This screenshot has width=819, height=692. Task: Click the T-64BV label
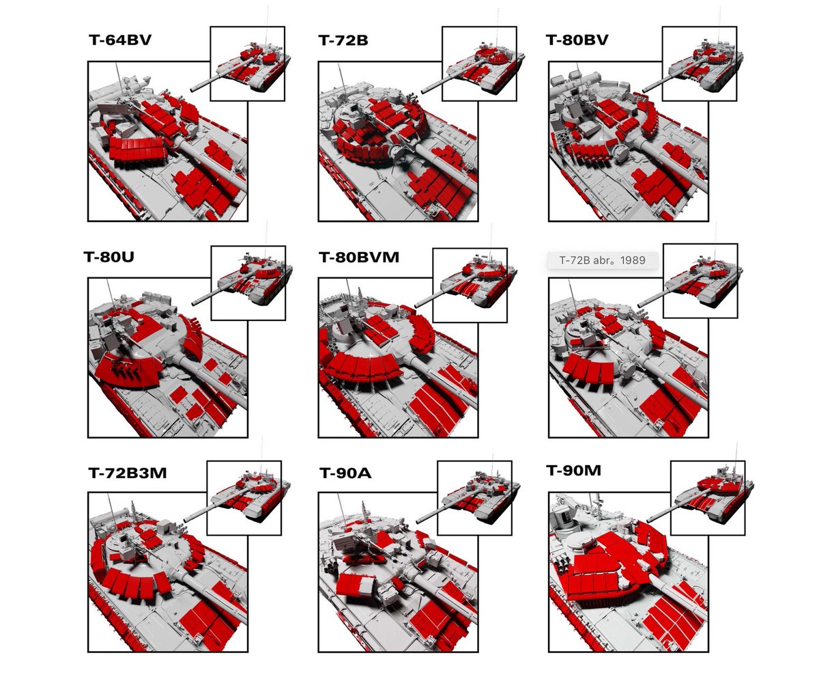pos(120,40)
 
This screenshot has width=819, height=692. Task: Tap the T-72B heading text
pos(343,40)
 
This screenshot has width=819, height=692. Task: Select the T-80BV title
pos(577,40)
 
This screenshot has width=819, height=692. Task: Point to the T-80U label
pos(109,257)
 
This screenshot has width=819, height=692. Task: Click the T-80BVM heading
pos(359,258)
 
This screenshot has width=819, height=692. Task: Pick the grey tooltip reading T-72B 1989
pos(602,260)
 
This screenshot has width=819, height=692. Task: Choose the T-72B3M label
pos(128,473)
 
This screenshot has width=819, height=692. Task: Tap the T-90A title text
pos(345,473)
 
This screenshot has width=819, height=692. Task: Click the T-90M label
pos(573,471)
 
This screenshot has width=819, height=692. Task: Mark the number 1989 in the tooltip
pos(633,260)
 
